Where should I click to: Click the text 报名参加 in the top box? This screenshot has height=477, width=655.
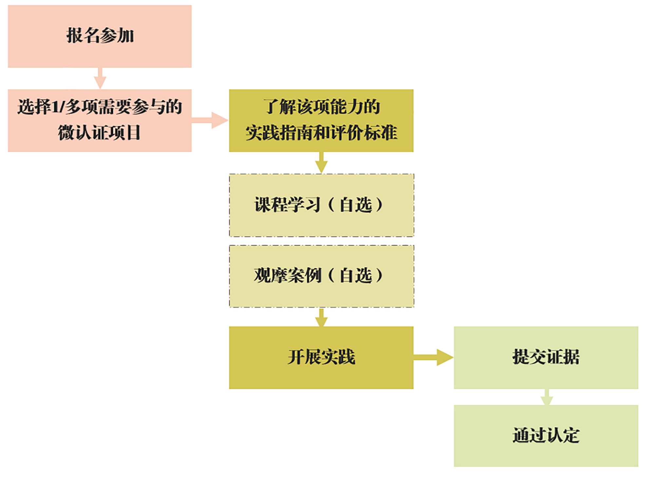[100, 35]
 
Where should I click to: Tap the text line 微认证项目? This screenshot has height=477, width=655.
[99, 133]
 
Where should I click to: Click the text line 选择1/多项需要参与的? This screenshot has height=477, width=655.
[100, 107]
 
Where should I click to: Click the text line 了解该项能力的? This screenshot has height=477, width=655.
[321, 107]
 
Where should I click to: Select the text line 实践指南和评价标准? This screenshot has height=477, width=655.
[321, 133]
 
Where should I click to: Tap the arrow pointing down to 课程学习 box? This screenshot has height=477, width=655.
[321, 163]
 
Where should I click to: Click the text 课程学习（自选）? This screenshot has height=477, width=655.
[319, 205]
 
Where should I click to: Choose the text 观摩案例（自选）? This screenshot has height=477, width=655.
[319, 275]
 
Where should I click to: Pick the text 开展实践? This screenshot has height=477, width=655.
[321, 357]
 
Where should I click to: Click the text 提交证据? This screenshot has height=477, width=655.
[546, 357]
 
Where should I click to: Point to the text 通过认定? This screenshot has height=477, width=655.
[546, 435]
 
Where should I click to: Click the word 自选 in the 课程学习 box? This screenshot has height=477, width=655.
[356, 205]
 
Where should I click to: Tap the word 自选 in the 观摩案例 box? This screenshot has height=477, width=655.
[356, 275]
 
